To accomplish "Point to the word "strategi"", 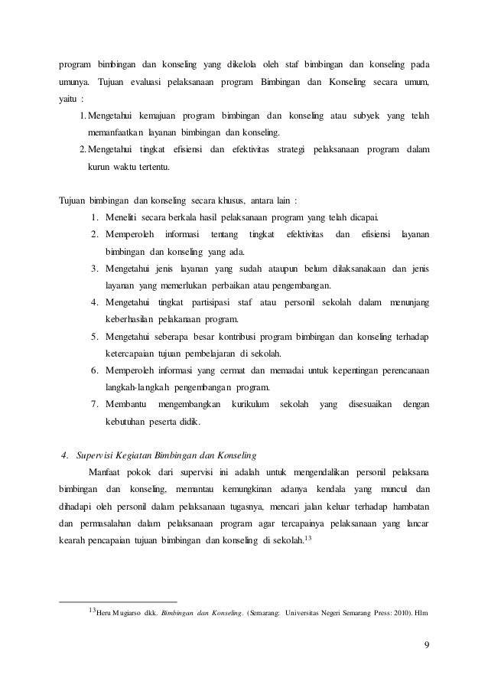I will (278, 148).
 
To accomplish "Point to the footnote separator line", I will (118, 601).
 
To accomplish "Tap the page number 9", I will (427, 652).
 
